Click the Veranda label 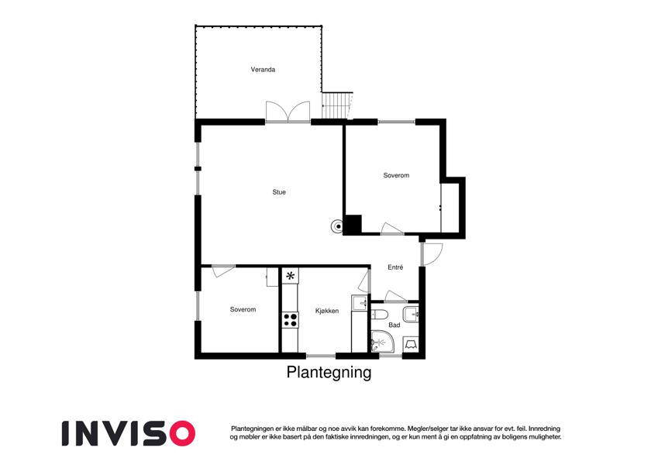tap(263, 70)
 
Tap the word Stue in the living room tap(278, 191)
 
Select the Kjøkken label tap(326, 311)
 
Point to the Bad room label tap(394, 325)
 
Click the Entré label tap(395, 267)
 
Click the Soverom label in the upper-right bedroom tap(396, 175)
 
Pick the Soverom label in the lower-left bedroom tap(243, 309)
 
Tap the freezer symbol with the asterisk tap(291, 275)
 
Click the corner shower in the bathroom tap(381, 342)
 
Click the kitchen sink tap(359, 303)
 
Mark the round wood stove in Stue tap(336, 226)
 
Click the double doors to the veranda tap(288, 112)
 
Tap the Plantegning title tap(329, 373)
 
